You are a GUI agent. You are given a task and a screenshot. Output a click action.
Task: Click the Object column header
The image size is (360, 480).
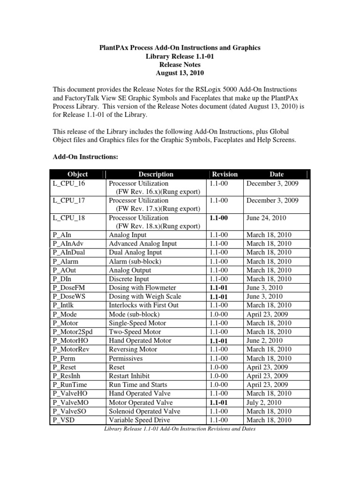pos(77,174)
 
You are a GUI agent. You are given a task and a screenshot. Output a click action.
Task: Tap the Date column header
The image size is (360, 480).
pos(277,174)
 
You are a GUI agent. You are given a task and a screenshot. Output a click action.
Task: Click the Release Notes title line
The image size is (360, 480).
pos(180,65)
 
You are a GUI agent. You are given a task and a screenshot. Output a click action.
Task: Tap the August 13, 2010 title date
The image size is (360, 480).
pos(180,74)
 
